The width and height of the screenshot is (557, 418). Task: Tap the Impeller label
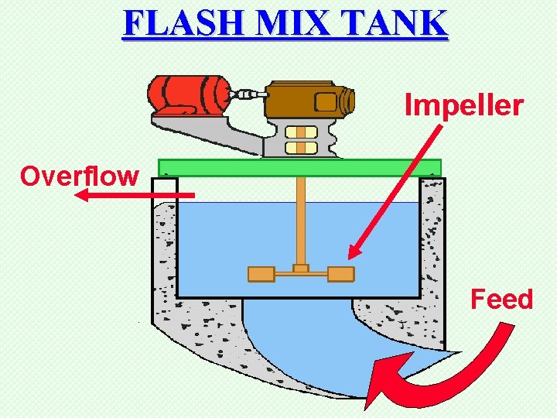[464, 106]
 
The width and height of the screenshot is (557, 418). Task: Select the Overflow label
[80, 176]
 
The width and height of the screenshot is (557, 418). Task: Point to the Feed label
[502, 299]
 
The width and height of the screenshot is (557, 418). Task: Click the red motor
[186, 94]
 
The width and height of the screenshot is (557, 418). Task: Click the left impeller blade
[261, 273]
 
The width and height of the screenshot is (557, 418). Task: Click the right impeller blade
[340, 273]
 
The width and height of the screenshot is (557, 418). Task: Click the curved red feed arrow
[433, 379]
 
